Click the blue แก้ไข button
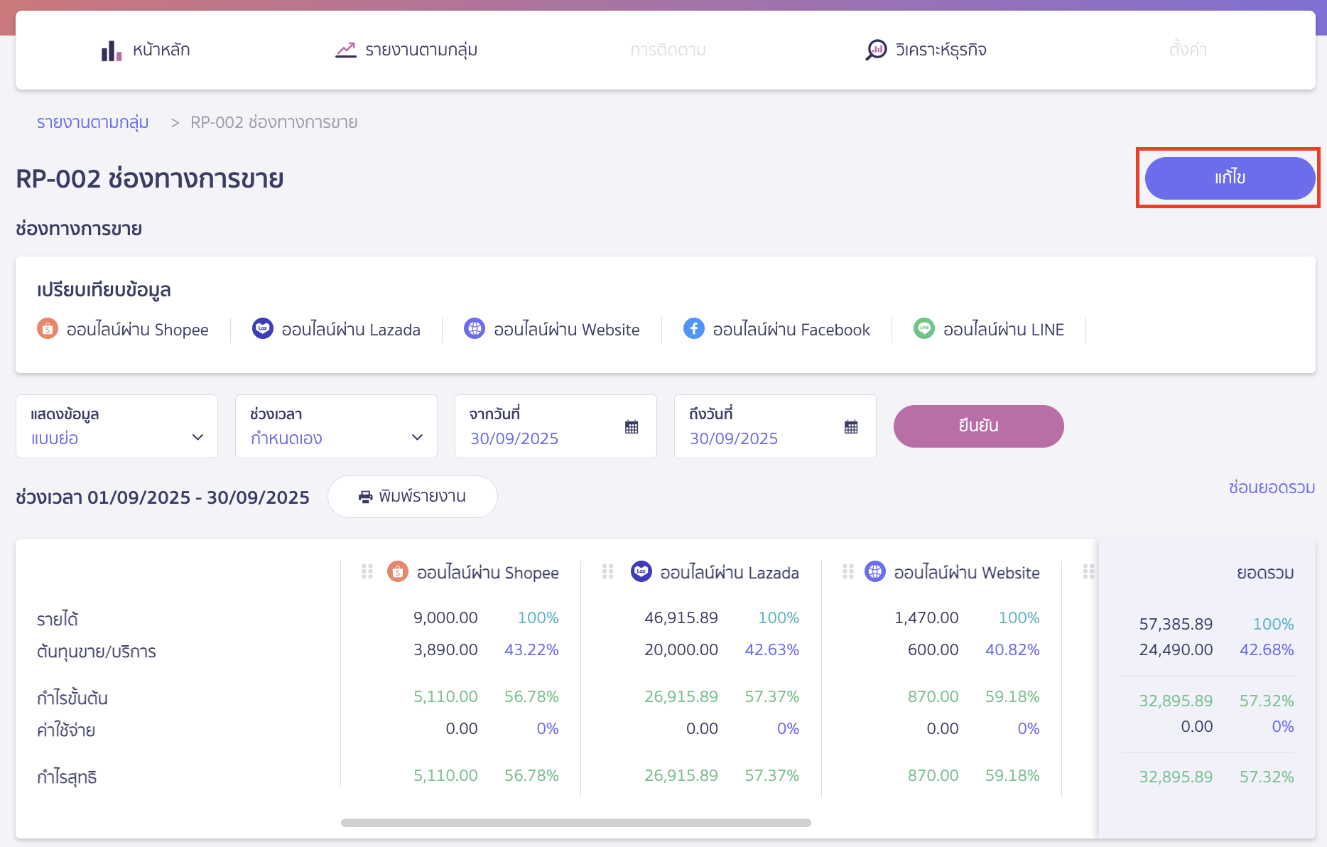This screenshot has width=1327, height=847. click(1229, 178)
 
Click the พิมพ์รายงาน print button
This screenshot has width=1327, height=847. click(412, 497)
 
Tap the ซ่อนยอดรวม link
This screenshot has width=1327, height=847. click(1271, 487)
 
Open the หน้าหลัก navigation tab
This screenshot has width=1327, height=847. click(146, 50)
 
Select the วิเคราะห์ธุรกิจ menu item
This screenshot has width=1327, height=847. click(926, 50)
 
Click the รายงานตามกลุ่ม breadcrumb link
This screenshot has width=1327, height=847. click(92, 122)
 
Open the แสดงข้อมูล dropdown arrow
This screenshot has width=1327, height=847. click(198, 438)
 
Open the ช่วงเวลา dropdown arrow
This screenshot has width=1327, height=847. click(418, 438)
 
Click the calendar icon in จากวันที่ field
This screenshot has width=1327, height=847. click(632, 427)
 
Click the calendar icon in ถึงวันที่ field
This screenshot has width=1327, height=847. click(851, 427)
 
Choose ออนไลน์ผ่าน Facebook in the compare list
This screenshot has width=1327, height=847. click(776, 330)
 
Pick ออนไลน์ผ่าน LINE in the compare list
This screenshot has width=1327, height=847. click(989, 330)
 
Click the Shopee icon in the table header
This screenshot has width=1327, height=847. click(398, 571)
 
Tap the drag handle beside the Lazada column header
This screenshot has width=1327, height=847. click(607, 571)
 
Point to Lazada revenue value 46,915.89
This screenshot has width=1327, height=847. click(681, 617)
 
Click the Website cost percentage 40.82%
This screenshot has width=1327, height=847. click(1012, 649)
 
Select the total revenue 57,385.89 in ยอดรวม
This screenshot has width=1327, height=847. click(1176, 624)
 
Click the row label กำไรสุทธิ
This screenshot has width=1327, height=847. click(67, 777)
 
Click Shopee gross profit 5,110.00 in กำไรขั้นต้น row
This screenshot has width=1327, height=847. click(445, 696)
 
